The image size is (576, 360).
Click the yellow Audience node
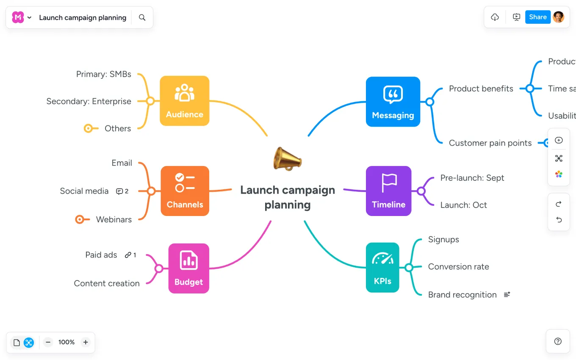[184, 101]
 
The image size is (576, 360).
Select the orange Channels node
[185, 191]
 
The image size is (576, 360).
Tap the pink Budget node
[188, 269]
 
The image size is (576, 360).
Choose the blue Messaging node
[393, 102]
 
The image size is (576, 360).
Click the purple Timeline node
[388, 191]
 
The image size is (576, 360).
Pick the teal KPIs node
[382, 267]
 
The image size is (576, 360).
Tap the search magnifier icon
[142, 17]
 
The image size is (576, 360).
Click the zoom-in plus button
[86, 342]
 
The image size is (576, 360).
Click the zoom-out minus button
[48, 342]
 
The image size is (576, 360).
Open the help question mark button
[558, 341]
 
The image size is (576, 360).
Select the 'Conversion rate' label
[458, 267]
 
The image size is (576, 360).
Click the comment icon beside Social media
[119, 191]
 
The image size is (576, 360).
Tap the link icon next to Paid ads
[127, 255]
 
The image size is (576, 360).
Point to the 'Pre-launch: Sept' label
[472, 178]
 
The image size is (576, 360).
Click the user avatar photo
[558, 17]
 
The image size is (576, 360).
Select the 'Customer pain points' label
[490, 143]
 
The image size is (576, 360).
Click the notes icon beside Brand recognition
[507, 294]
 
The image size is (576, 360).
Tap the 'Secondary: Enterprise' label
[89, 102]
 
